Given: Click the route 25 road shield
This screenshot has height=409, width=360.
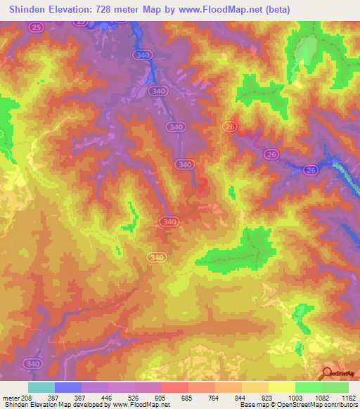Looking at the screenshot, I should point(37,27).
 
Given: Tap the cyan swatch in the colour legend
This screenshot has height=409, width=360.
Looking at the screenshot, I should point(41,387).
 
